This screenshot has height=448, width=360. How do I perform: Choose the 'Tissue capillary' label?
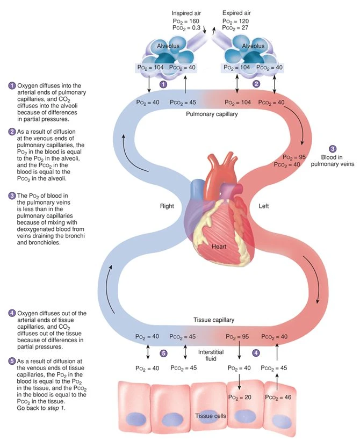(x=213, y=320)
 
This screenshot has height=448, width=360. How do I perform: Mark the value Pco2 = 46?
(x=278, y=396)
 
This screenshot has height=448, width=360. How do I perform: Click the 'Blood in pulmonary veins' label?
(x=333, y=160)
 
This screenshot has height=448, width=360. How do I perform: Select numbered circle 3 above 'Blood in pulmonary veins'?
(x=333, y=148)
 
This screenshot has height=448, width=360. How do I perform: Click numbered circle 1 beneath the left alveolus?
(x=164, y=84)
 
